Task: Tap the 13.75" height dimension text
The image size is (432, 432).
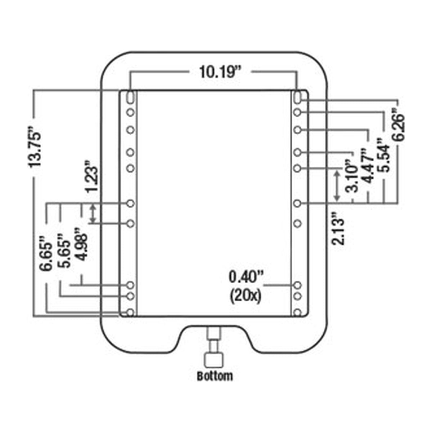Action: tap(35, 146)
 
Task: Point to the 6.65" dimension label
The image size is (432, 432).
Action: tap(46, 253)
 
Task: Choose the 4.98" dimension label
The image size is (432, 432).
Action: tap(81, 244)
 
